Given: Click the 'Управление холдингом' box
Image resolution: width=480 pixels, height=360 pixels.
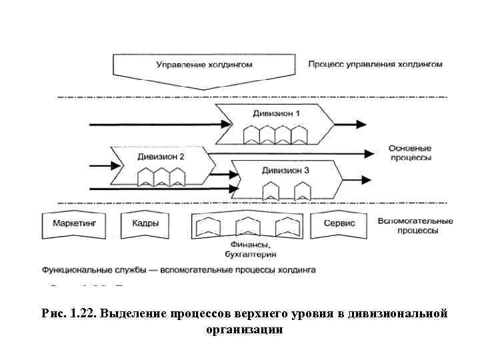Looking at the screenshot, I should tap(204, 65).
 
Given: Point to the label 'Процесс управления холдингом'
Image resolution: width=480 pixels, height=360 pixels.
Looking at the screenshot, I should tap(375, 65).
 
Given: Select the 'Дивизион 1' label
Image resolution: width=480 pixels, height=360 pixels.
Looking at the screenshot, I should tap(276, 113).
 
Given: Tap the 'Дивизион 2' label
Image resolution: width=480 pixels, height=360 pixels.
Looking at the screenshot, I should tap(161, 157).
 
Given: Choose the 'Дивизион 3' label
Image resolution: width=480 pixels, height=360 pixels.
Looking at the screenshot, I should tap(285, 171).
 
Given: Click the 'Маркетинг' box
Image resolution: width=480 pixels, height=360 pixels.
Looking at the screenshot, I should tap(74, 224).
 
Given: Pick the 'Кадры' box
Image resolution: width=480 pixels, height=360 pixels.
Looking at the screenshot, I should tap(145, 224).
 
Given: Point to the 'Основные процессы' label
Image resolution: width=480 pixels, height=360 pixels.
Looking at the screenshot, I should tap(410, 153).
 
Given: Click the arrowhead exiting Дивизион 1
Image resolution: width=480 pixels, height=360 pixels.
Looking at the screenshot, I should tap(361, 124).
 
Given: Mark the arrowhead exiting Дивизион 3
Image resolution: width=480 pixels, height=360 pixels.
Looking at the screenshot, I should tap(366, 179).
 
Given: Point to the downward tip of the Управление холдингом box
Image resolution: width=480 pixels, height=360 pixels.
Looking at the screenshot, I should tap(204, 89).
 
